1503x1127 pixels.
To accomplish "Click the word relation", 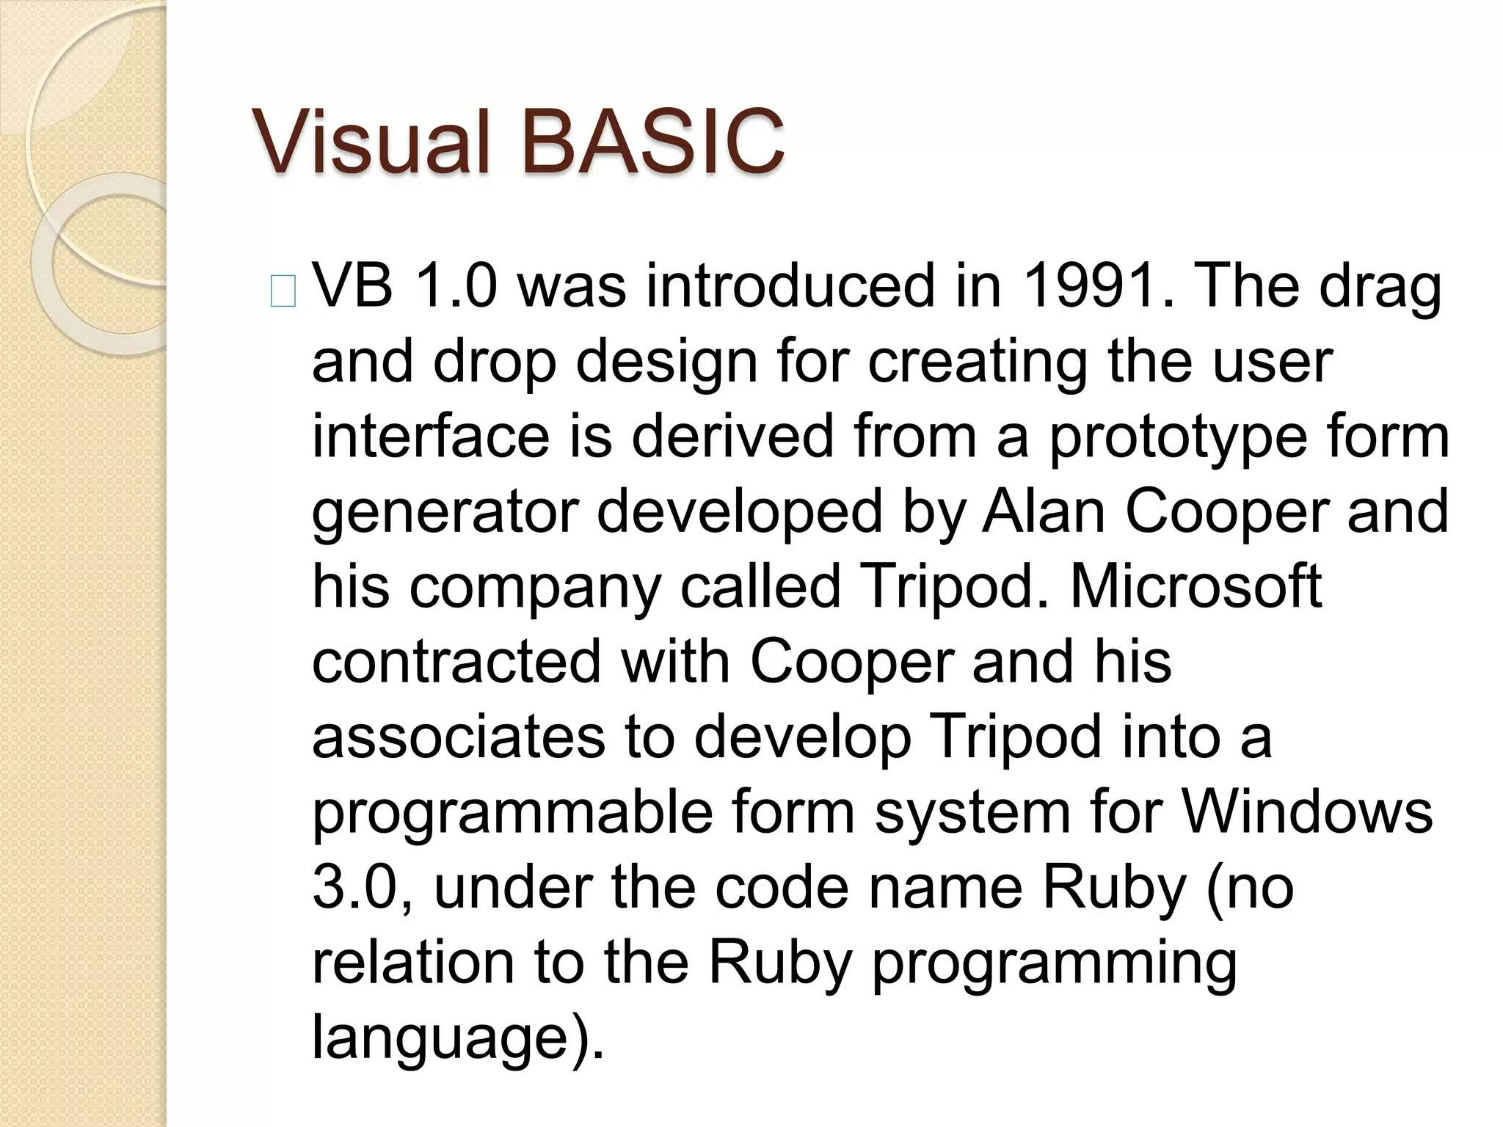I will (412, 963).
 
